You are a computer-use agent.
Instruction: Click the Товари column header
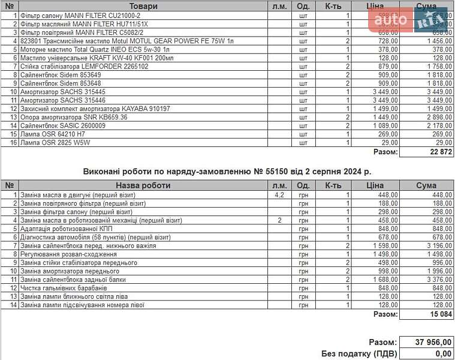[143, 6]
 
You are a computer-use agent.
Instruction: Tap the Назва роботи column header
[143, 185]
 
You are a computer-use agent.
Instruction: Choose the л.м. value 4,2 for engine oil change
[279, 195]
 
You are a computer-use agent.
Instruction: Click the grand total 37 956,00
[433, 342]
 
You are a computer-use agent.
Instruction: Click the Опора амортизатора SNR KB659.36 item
[74, 118]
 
